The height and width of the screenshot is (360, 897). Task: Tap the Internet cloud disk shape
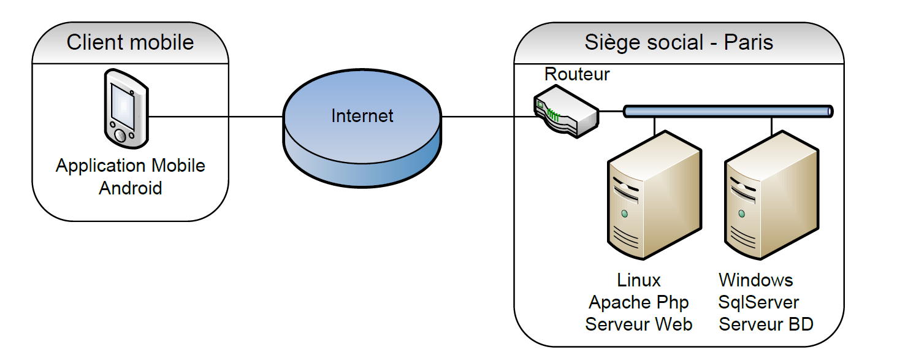(x=362, y=147)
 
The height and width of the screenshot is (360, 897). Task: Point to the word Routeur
(x=577, y=75)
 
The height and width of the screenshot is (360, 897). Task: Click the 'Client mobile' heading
(x=130, y=42)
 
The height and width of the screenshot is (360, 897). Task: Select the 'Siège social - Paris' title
(x=679, y=42)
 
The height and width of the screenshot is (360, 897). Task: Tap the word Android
(x=131, y=188)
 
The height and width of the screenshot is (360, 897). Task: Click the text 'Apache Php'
(x=639, y=302)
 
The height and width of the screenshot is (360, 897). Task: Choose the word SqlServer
(x=759, y=302)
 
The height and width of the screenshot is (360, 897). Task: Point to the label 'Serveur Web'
(x=639, y=324)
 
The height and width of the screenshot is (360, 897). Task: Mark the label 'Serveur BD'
(x=766, y=324)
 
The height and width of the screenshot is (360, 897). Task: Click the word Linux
(x=639, y=281)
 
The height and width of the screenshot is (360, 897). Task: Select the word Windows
(x=756, y=281)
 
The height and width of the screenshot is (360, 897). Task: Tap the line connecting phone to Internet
(x=215, y=117)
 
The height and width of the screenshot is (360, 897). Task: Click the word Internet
(x=362, y=116)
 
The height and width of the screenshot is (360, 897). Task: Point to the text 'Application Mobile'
(x=131, y=166)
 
